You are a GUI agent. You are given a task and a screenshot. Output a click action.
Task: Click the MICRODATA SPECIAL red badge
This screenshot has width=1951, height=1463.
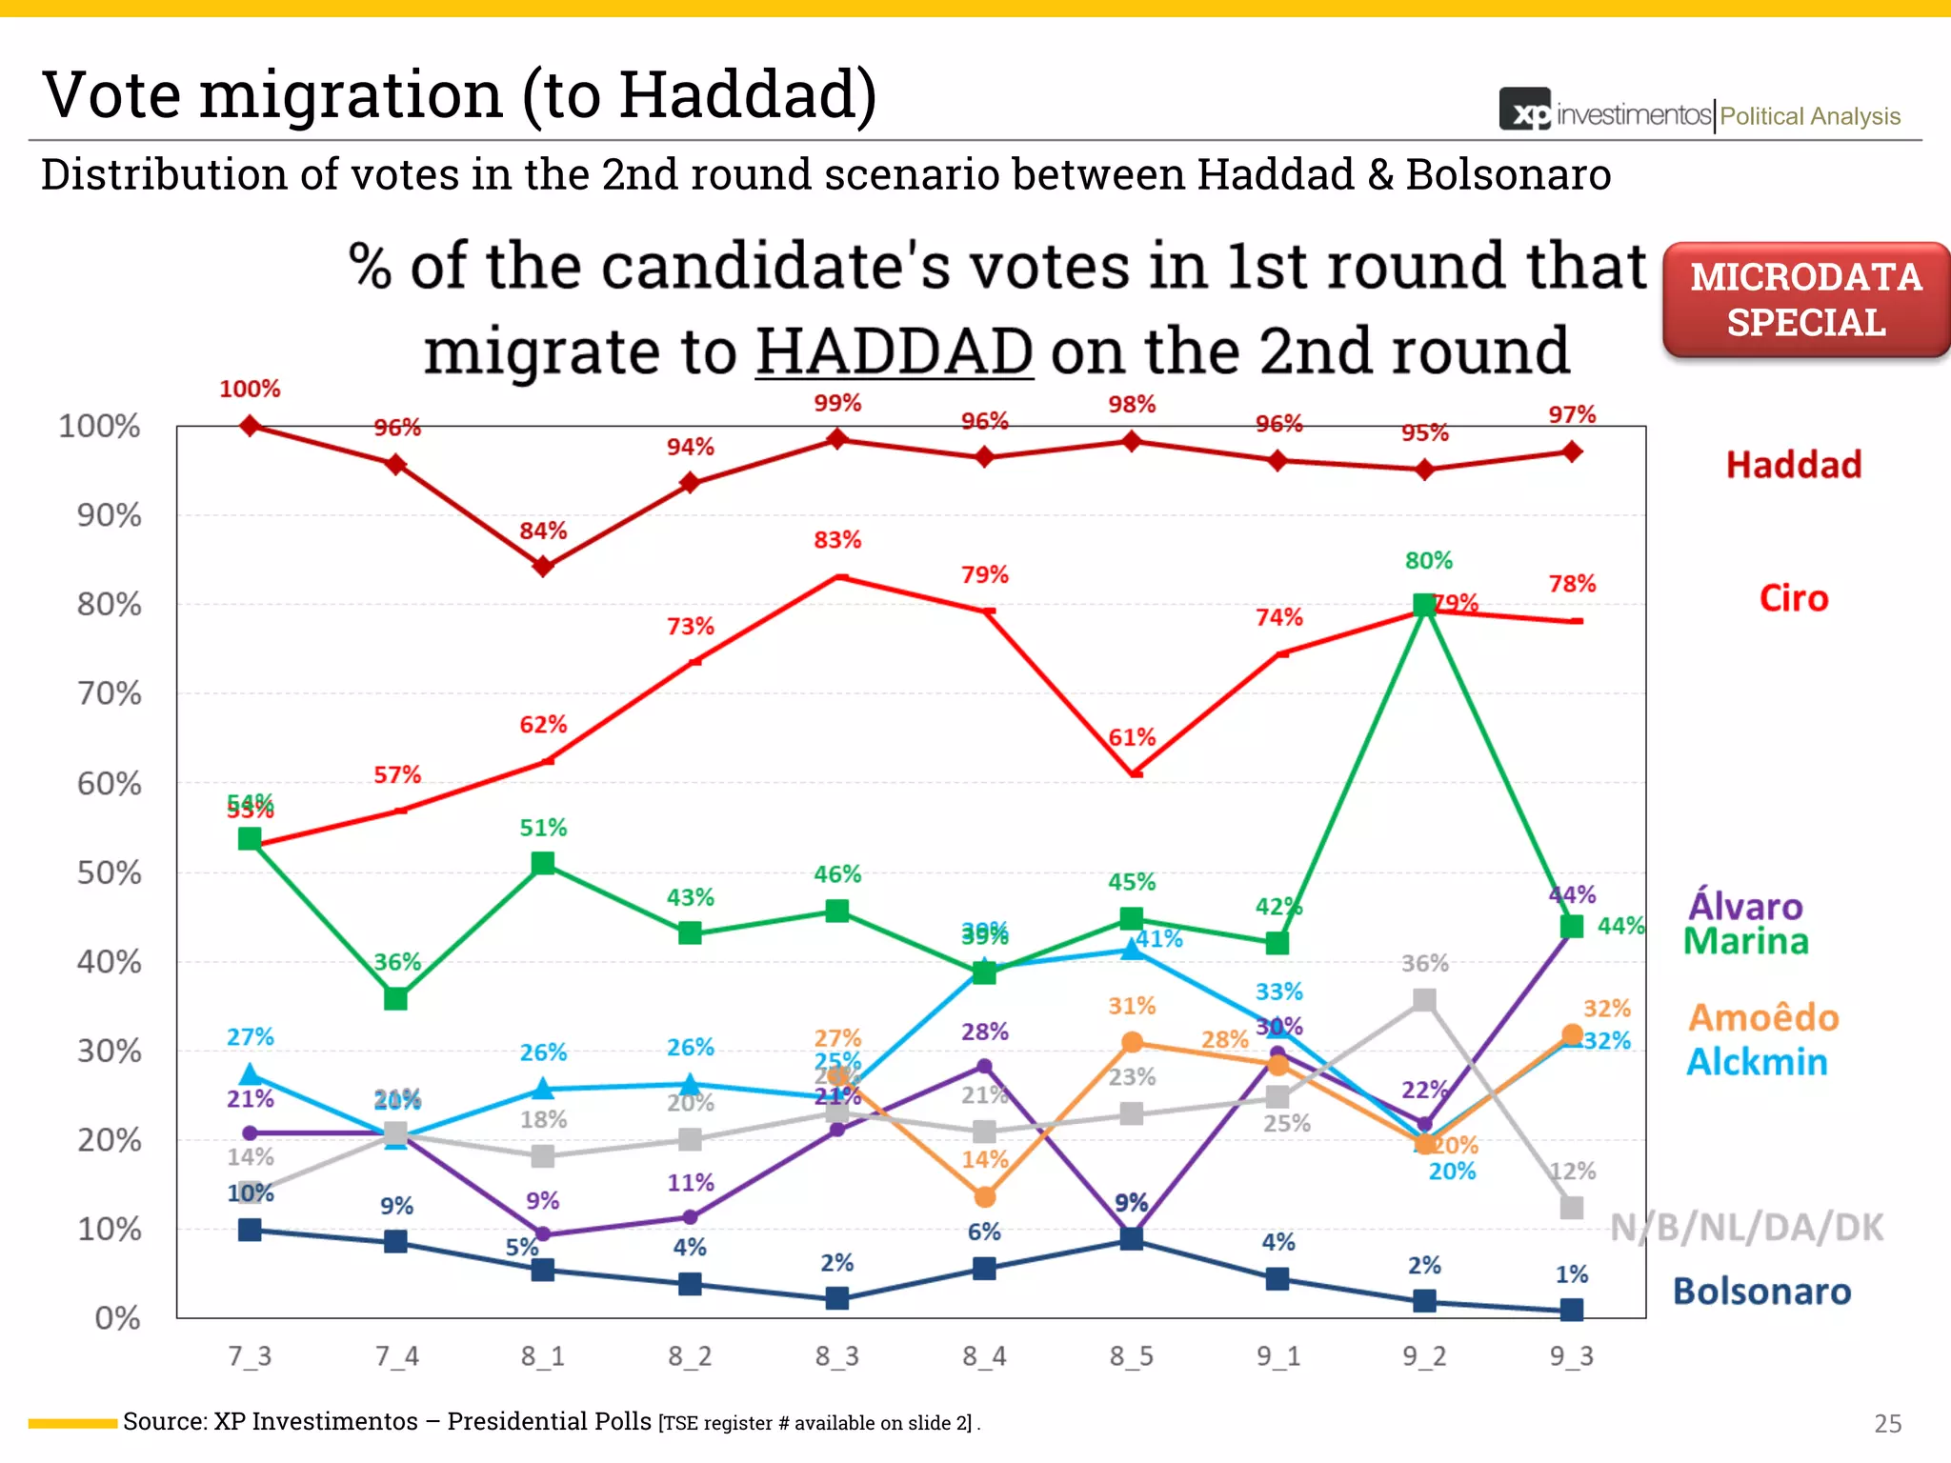[1805, 300]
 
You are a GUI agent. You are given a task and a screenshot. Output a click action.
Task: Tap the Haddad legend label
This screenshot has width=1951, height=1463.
[1793, 465]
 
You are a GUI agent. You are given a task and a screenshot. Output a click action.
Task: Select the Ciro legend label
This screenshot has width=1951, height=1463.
[1793, 598]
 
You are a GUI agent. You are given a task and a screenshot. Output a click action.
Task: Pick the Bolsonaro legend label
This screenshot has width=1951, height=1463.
[1761, 1292]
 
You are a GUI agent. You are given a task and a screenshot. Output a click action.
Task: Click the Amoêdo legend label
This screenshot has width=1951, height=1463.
[1763, 1018]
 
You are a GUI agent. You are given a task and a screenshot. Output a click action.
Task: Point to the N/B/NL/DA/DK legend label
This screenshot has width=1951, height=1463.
[1746, 1228]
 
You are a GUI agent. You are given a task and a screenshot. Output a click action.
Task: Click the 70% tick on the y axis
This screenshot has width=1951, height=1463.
[109, 693]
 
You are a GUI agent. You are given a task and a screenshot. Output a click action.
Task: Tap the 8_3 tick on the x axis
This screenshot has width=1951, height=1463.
[836, 1355]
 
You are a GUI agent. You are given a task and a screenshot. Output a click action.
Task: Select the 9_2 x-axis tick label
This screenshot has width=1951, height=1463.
[1424, 1355]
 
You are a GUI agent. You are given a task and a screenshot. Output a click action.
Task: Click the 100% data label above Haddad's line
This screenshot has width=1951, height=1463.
[250, 389]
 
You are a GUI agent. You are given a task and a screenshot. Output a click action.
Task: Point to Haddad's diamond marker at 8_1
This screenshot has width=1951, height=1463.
[543, 567]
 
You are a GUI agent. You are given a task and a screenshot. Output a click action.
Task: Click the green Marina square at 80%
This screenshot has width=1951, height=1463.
[1424, 605]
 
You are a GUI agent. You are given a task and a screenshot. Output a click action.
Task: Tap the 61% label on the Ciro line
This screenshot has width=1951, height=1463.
[1132, 737]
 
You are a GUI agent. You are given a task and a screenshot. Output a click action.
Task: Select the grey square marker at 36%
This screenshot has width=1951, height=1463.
[1424, 999]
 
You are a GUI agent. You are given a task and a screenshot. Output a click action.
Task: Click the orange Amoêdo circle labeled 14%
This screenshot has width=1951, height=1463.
[985, 1196]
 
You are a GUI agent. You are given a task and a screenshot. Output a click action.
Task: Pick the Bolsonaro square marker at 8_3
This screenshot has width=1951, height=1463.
[836, 1298]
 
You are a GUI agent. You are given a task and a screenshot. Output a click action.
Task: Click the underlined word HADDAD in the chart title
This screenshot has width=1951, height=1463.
[895, 351]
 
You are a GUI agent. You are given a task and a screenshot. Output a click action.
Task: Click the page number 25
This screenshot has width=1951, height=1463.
[1887, 1423]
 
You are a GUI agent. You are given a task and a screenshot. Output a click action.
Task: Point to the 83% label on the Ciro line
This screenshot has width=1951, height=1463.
[836, 540]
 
